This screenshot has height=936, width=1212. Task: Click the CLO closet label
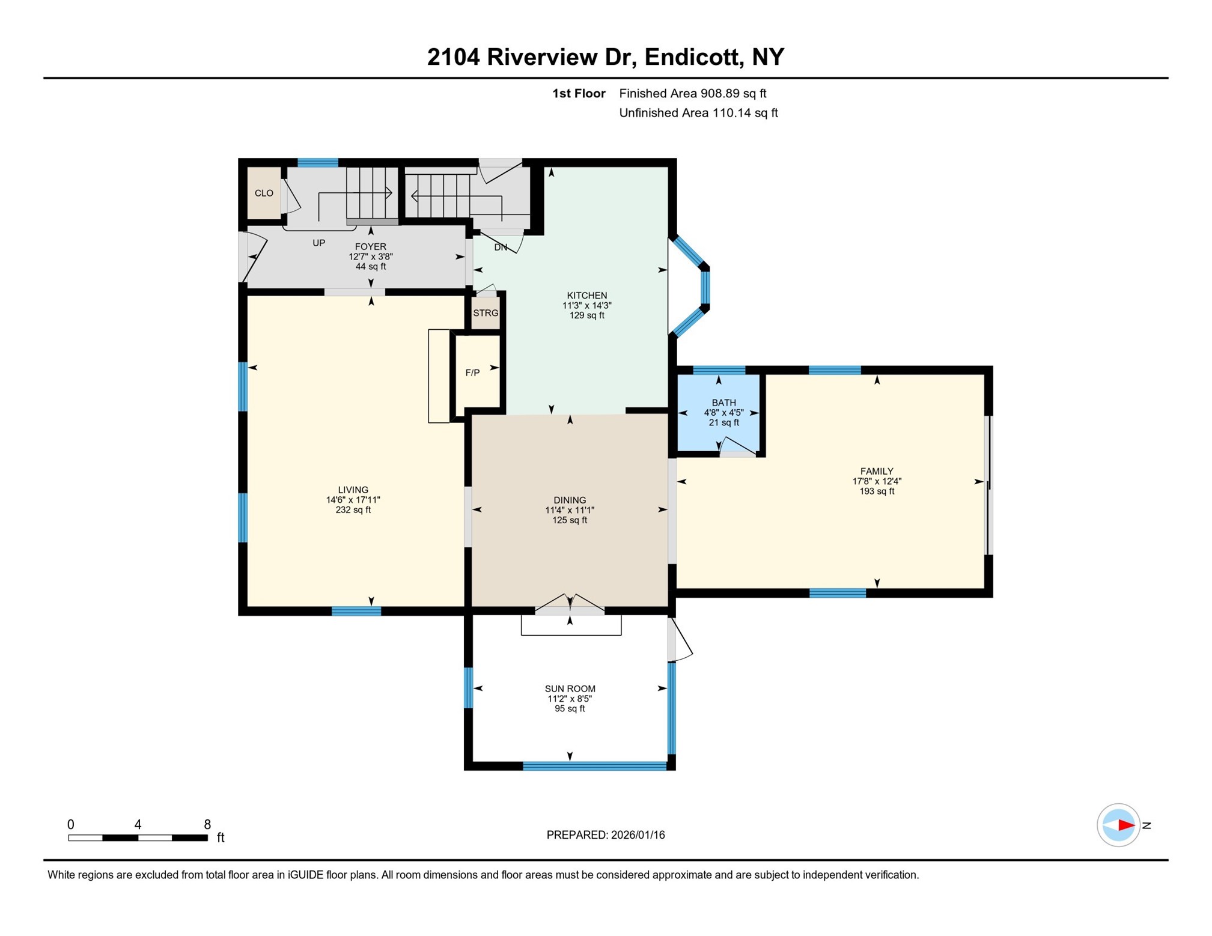[x=264, y=193]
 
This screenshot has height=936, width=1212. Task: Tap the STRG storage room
[x=485, y=313]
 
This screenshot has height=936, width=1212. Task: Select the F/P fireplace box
[x=473, y=373]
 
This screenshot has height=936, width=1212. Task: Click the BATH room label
[x=723, y=403]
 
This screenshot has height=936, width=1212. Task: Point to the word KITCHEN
[x=586, y=295]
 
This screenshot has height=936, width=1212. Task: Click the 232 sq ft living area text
[x=353, y=510]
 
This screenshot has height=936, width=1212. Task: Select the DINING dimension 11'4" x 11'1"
[x=569, y=510]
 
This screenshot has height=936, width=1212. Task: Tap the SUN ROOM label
[x=570, y=688]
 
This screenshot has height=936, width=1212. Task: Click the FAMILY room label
[x=876, y=471]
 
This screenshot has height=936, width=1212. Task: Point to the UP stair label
[x=318, y=243]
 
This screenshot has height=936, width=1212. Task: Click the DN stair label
[x=500, y=247]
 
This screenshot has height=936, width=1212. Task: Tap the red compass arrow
[x=1125, y=825]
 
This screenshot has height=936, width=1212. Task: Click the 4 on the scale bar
[x=138, y=824]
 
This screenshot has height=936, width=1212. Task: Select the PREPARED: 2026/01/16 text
[x=605, y=834]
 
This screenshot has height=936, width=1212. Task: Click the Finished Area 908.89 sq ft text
[x=692, y=93]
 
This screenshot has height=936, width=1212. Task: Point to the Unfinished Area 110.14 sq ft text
[x=698, y=113]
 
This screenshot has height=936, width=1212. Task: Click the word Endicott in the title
[x=690, y=57]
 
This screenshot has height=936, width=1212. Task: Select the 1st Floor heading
[x=578, y=93]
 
